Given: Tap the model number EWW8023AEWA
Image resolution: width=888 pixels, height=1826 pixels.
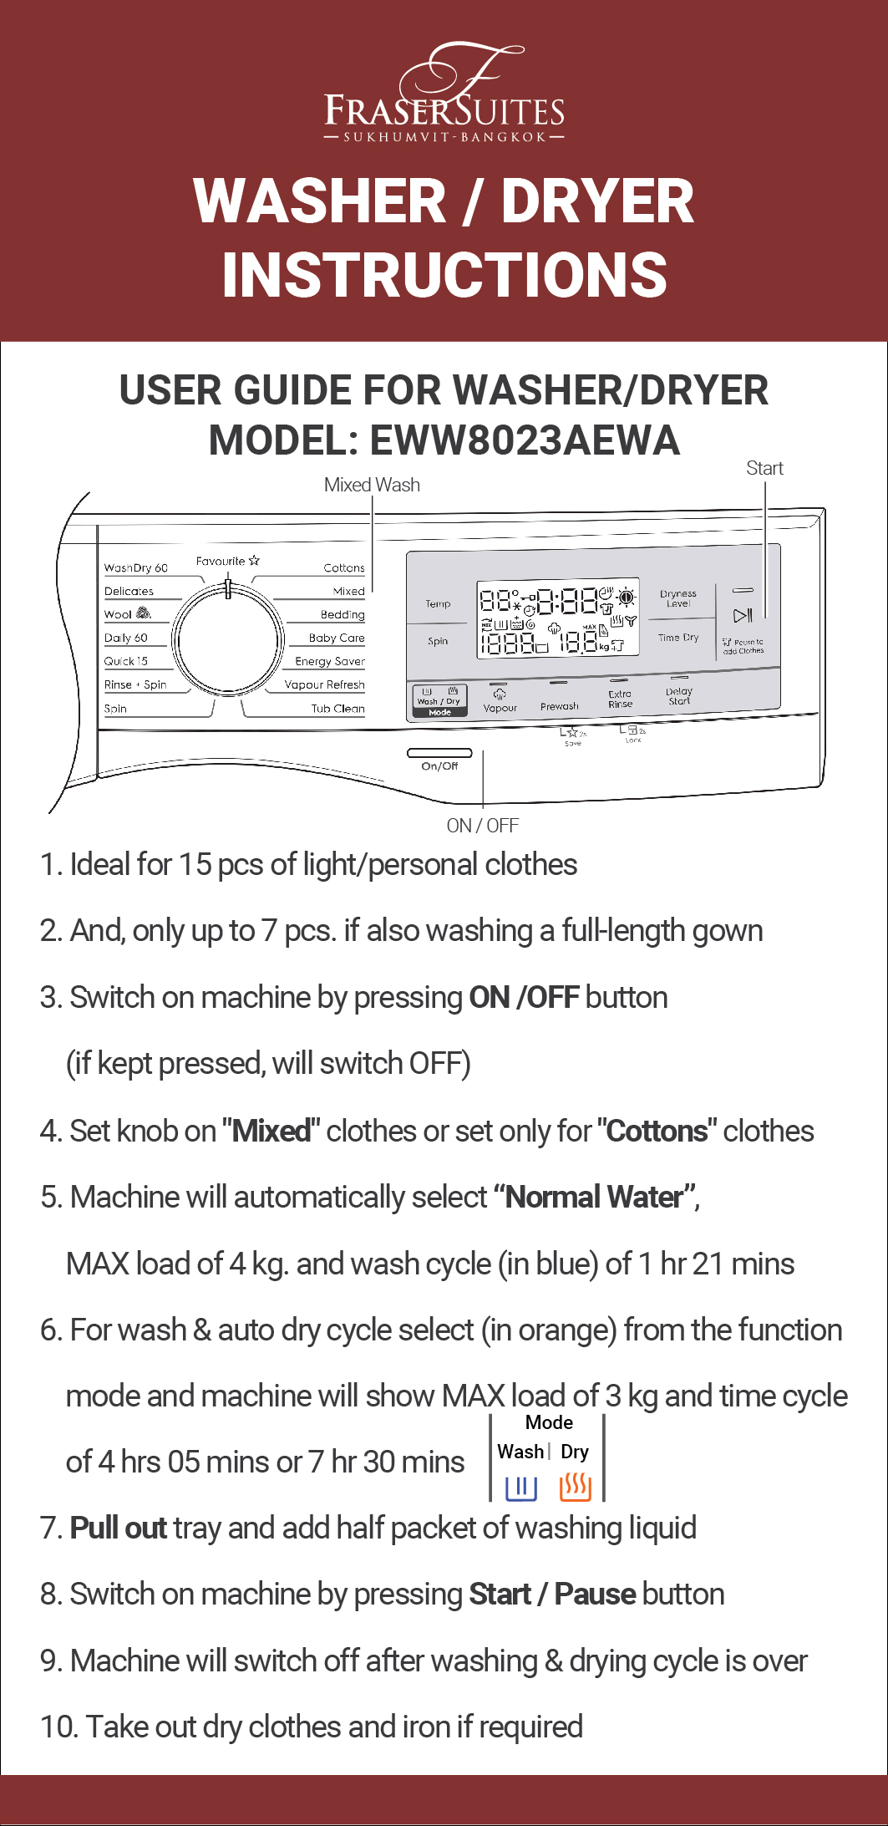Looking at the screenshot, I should pos(525,440).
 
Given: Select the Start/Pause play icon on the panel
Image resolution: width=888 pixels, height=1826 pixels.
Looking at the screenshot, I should pos(743,616).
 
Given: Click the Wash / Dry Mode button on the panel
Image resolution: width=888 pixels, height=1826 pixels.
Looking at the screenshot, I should pos(439,700).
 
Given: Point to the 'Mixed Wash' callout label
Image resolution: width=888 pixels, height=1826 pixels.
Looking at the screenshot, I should pos(372,485).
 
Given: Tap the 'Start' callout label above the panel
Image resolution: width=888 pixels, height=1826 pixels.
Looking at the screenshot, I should pos(764,468).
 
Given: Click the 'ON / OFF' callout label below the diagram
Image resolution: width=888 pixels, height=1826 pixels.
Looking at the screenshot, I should pos(482,826).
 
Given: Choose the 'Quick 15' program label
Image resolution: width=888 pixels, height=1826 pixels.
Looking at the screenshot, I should pos(126,661).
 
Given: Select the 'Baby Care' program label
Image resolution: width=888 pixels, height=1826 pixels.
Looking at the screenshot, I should pos(336,638).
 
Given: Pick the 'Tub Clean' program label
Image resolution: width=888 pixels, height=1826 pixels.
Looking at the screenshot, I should pos(337,709).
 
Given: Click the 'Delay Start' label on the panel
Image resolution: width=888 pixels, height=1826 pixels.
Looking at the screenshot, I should pos(679,696).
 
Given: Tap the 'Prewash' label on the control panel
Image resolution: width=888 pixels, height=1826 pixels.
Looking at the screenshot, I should pos(559,706).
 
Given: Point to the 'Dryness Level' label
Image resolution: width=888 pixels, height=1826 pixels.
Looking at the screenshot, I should pos(677,598).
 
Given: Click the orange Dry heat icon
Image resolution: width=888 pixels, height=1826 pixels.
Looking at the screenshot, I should pos(575,1487).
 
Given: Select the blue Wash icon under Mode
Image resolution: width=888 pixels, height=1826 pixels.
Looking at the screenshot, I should pos(520,1488).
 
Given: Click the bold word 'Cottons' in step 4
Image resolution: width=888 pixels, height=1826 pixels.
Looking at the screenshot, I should pos(657,1132).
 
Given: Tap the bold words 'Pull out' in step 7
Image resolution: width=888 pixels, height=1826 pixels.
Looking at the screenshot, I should pos(119,1528).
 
